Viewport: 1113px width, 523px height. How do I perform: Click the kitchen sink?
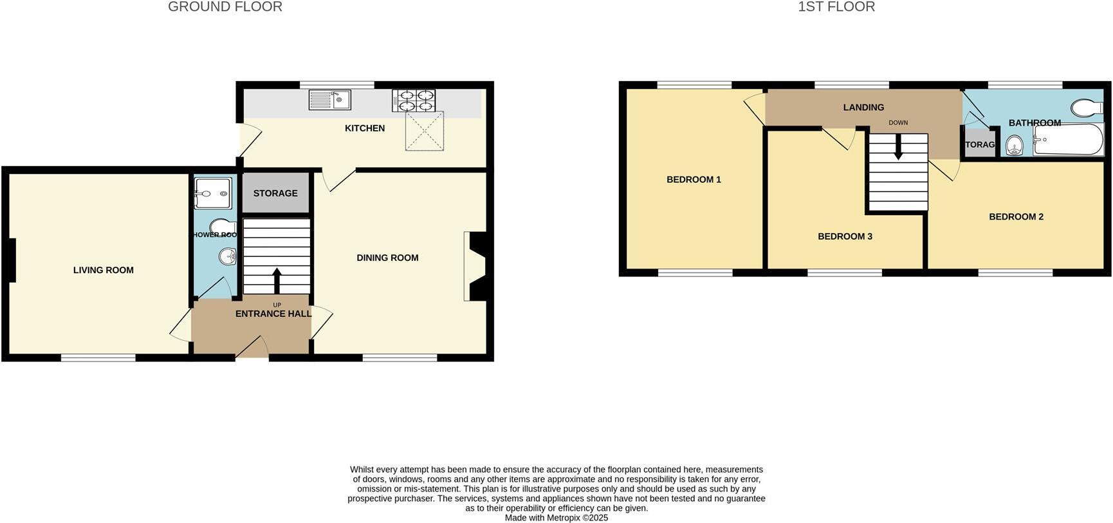pos(329,100)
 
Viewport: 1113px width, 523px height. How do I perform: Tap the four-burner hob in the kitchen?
pos(414,100)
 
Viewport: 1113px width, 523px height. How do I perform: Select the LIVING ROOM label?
pos(104,271)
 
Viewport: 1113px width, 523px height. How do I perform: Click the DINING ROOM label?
pos(387,258)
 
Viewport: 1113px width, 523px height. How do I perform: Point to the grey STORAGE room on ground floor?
pos(275,193)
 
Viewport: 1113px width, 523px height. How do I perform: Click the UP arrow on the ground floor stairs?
pos(277,280)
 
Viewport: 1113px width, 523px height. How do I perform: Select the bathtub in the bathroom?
pos(1068,139)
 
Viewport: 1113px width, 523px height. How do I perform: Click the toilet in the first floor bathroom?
pos(1087,107)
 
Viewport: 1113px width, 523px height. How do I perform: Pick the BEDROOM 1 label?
pos(694,180)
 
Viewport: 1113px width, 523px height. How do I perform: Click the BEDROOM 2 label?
pos(1016,217)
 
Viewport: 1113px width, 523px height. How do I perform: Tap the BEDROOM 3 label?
pos(845,236)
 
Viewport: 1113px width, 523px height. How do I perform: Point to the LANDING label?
pos(863,108)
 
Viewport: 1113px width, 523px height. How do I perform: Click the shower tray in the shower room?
pos(213,193)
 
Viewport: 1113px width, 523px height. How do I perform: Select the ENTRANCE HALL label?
pos(273,314)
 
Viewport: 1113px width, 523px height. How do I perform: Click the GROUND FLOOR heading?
pos(225,7)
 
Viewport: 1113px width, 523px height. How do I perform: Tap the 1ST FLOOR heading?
pos(836,7)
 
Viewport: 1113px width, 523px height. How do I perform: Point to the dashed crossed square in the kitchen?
pos(425,131)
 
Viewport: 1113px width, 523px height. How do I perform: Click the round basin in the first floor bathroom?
pos(1015,146)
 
